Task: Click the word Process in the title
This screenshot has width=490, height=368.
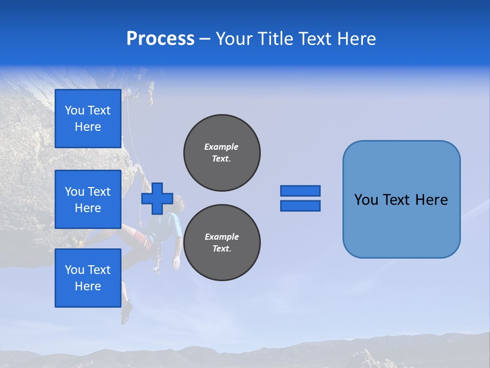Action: tap(160, 38)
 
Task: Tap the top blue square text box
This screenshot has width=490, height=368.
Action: tap(88, 119)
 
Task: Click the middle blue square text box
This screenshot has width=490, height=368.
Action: tap(88, 199)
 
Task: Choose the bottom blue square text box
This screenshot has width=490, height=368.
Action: tap(88, 278)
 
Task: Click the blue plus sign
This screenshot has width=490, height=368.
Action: tap(157, 198)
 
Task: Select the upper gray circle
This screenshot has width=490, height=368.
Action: tap(222, 152)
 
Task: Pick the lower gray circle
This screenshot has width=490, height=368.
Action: tap(222, 242)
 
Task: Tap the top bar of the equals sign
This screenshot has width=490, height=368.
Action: tap(300, 191)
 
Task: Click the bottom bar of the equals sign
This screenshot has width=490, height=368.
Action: tap(300, 206)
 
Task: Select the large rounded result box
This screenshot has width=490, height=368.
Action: tap(401, 199)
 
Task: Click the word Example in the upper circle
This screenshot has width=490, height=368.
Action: tap(222, 147)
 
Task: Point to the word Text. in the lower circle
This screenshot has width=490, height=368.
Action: tap(222, 249)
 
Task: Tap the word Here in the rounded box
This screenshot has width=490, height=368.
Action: tap(431, 200)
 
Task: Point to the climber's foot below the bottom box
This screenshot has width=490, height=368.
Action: tap(126, 312)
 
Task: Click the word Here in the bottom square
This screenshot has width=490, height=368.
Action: tap(88, 286)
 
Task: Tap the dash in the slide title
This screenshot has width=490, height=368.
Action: tap(205, 39)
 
